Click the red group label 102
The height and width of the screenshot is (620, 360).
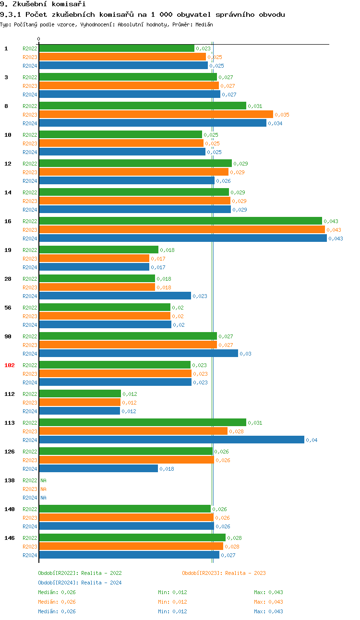[10, 365]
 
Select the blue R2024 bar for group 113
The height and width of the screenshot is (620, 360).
[171, 440]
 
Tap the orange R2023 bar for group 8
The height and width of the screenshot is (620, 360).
[156, 115]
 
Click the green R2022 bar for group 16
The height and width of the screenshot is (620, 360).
[180, 221]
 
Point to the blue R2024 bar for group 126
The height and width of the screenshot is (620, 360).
[98, 469]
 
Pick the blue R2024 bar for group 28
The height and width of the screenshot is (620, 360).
[115, 296]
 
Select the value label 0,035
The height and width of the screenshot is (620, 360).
[282, 115]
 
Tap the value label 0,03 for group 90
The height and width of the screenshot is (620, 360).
[245, 354]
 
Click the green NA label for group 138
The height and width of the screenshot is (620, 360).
[43, 480]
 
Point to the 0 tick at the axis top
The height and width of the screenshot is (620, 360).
[39, 39]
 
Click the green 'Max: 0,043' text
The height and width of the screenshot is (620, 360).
[268, 592]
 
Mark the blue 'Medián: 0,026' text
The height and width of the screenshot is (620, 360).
[57, 611]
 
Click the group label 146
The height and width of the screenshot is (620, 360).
[10, 538]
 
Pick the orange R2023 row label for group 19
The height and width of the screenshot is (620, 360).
[30, 259]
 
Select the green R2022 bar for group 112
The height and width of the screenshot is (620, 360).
[80, 394]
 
